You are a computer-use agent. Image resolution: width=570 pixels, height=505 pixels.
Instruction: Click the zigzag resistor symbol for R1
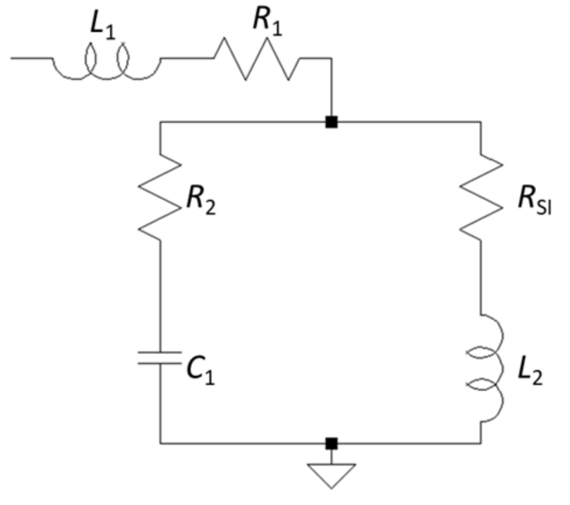pos(257,58)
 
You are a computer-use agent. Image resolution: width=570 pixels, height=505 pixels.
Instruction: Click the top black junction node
pos(331,122)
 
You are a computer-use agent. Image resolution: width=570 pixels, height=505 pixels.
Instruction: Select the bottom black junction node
pos(331,443)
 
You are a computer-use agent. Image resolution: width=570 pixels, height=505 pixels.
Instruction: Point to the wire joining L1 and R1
pos(187,58)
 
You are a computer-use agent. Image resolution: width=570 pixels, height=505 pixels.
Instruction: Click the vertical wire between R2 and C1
pos(159,291)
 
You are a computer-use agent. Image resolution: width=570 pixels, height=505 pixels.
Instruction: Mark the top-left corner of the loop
pos(159,122)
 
